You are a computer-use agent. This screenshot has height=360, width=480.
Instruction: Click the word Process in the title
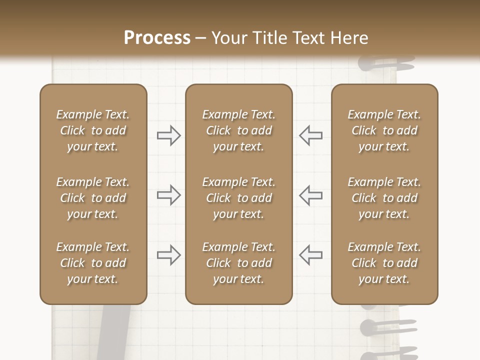[x=157, y=38]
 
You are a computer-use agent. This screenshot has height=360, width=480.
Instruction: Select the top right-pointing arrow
[x=169, y=135]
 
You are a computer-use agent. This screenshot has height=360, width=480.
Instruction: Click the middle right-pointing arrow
[x=169, y=195]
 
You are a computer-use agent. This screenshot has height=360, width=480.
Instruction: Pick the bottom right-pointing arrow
[x=169, y=254]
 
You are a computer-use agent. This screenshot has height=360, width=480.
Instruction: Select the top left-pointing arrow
[x=310, y=135]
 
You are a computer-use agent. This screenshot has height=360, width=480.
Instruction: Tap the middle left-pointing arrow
[x=310, y=195]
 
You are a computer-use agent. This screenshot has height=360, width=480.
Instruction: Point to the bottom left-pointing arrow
[x=310, y=254]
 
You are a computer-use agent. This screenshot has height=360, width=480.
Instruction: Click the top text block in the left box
[x=93, y=130]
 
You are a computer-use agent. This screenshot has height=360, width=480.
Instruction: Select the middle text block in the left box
[x=93, y=198]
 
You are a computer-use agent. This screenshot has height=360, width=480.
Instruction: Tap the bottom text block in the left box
[x=93, y=263]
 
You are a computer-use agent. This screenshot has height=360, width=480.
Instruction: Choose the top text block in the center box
[x=238, y=130]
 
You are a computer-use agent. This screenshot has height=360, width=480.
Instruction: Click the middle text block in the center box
[x=238, y=198]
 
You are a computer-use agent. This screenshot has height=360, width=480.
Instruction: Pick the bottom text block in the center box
[x=238, y=263]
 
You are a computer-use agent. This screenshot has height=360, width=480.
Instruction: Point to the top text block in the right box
[x=384, y=130]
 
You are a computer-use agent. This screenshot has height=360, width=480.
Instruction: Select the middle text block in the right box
[x=384, y=198]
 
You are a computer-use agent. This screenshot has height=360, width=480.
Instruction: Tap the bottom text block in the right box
[x=384, y=263]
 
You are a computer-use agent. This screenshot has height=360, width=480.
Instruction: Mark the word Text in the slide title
[x=309, y=38]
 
